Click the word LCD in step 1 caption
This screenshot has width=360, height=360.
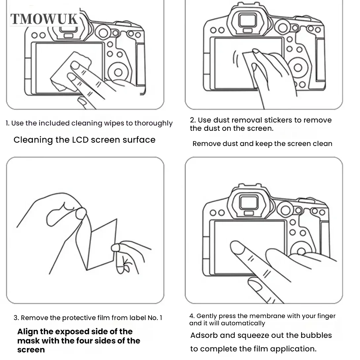(x=80, y=140)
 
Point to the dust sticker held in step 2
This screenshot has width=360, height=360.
(x=251, y=63)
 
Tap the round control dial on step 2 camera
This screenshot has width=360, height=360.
(x=298, y=68)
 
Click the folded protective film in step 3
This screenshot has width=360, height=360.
(x=99, y=244)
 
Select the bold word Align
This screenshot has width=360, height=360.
(x=28, y=332)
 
